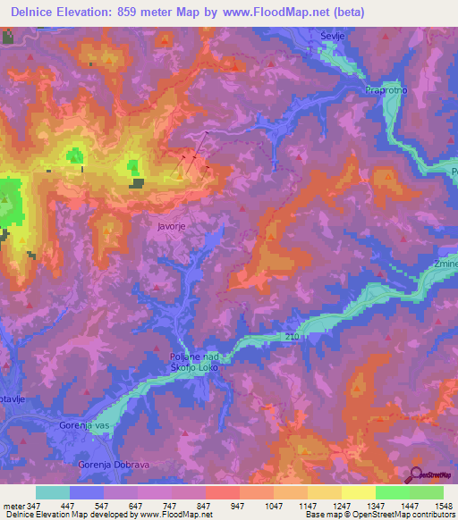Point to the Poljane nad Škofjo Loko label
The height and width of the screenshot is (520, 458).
194,362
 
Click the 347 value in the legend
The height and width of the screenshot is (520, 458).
34,506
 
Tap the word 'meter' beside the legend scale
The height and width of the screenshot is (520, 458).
11,506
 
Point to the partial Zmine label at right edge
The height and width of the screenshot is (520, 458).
445,266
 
